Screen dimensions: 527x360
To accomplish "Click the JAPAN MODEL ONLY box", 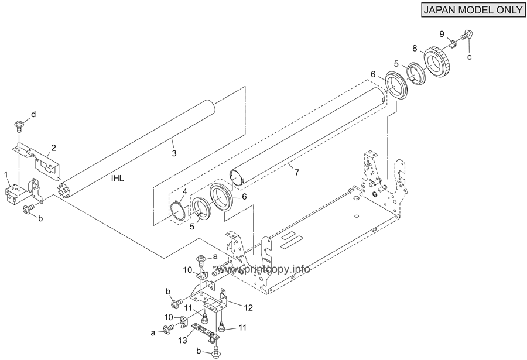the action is tap(474, 9).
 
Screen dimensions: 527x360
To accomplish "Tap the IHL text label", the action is tap(118, 179).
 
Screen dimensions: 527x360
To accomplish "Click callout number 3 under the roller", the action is tap(174, 153).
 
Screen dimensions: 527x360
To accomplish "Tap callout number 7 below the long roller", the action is tap(296, 173).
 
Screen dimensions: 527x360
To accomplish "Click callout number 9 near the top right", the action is tap(442, 34).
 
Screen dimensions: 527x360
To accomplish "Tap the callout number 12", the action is tap(248, 307).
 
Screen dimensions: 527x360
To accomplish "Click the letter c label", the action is tap(470, 57).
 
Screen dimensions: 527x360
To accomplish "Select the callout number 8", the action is tap(415, 49).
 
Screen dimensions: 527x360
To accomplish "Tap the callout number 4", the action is tap(184, 191).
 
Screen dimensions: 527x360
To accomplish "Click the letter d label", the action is tap(33, 115).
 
